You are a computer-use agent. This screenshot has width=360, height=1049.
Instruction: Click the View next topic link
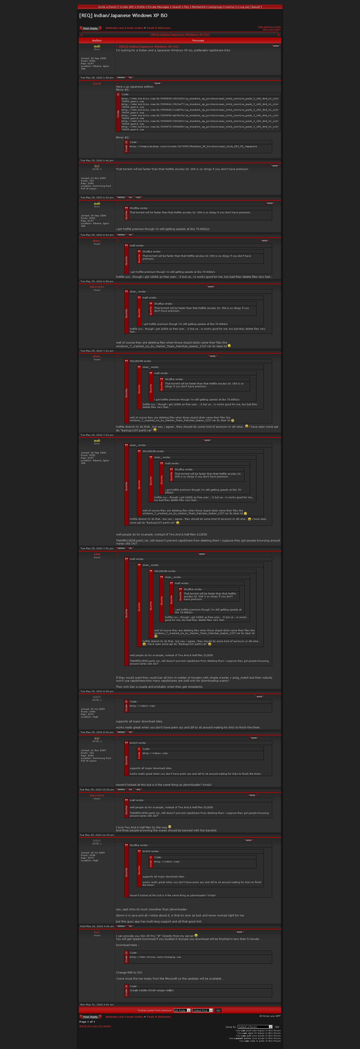click(271, 29)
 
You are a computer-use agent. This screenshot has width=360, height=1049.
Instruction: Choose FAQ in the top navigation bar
click(186, 7)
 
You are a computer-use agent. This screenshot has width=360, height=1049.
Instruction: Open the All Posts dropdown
click(182, 1010)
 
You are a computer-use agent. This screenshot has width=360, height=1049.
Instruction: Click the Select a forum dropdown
click(255, 1027)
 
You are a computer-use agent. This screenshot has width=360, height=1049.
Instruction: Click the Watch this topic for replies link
click(95, 1026)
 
